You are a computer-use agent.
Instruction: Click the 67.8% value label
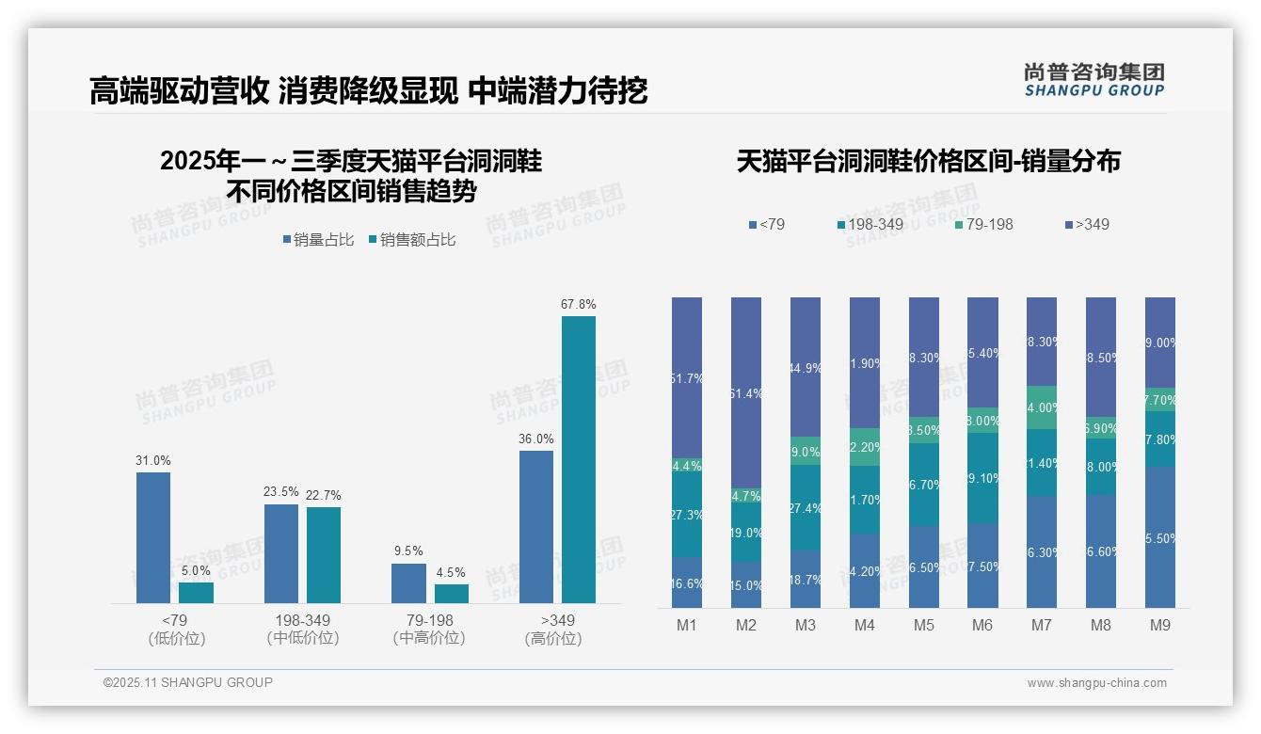point(578,304)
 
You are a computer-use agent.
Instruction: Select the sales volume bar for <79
point(153,537)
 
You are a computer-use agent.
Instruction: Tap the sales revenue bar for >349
point(578,459)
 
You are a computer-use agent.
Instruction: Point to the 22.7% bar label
point(324,495)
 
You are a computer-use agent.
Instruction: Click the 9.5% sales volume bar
point(408,583)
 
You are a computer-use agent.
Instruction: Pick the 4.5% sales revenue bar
point(452,594)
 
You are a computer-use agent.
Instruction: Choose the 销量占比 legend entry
point(318,240)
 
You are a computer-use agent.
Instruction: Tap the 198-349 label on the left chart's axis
point(304,621)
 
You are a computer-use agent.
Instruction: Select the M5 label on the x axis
point(924,625)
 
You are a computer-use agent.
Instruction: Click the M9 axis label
point(1160,625)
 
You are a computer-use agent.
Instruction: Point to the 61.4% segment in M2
point(746,392)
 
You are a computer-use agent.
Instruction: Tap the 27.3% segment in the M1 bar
point(687,516)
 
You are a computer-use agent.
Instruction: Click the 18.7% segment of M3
point(806,580)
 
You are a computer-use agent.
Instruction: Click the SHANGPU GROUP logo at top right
point(1093,79)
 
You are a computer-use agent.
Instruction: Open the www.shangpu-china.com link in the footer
point(1096,683)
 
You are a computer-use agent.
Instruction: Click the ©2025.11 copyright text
point(188,682)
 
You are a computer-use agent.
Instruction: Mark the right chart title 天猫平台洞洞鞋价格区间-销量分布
point(928,161)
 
